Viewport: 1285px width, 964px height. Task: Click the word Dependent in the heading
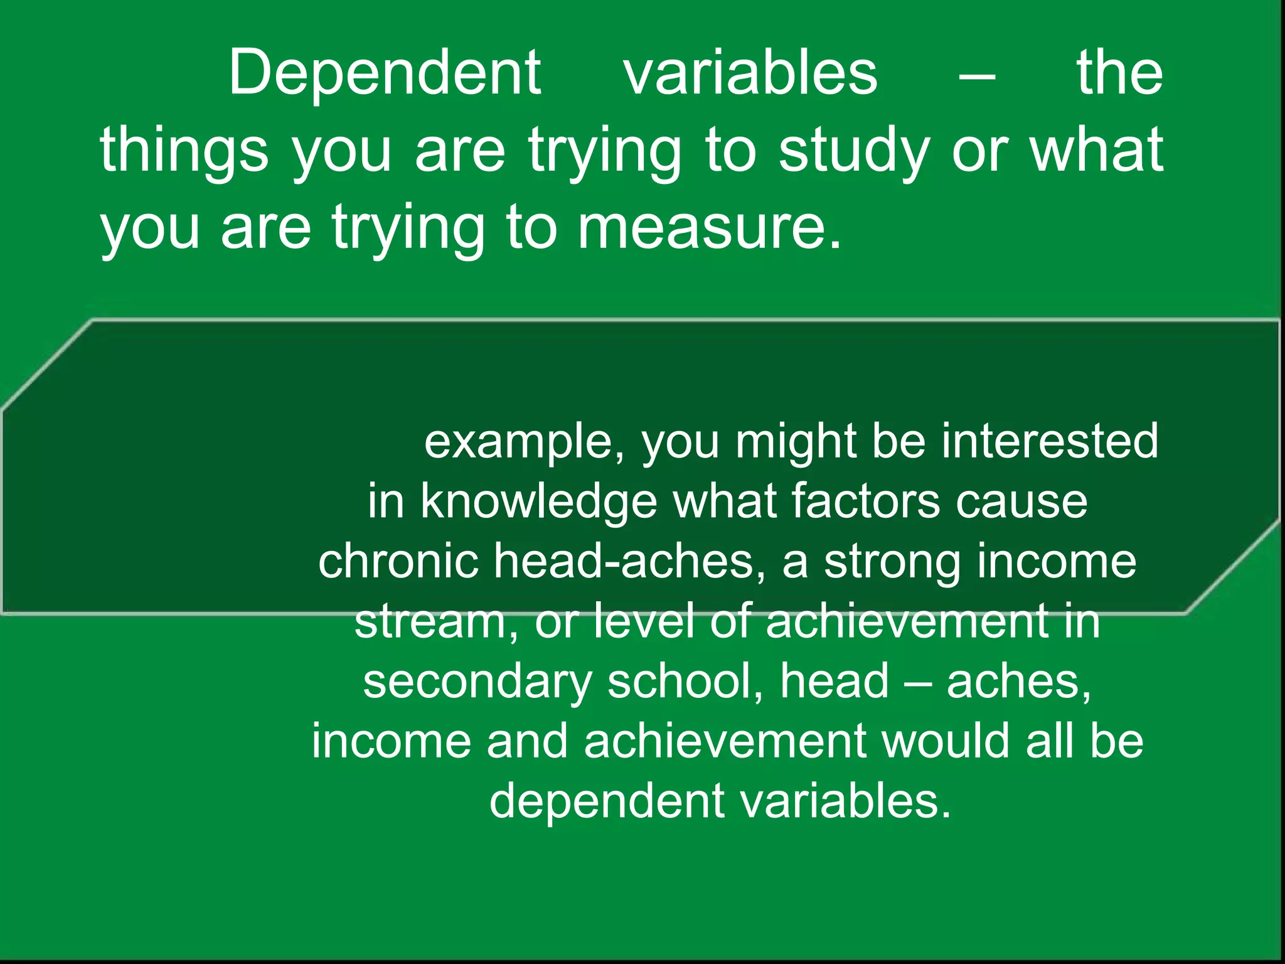[x=385, y=74]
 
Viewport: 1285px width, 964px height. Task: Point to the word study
[x=854, y=151]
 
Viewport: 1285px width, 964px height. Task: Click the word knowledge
[x=539, y=501]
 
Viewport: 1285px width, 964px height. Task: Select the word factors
[x=866, y=501]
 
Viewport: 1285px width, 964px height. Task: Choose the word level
[x=644, y=621]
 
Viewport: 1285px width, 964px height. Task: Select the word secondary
[x=477, y=682]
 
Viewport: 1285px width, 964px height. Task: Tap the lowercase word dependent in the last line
[x=606, y=801]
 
